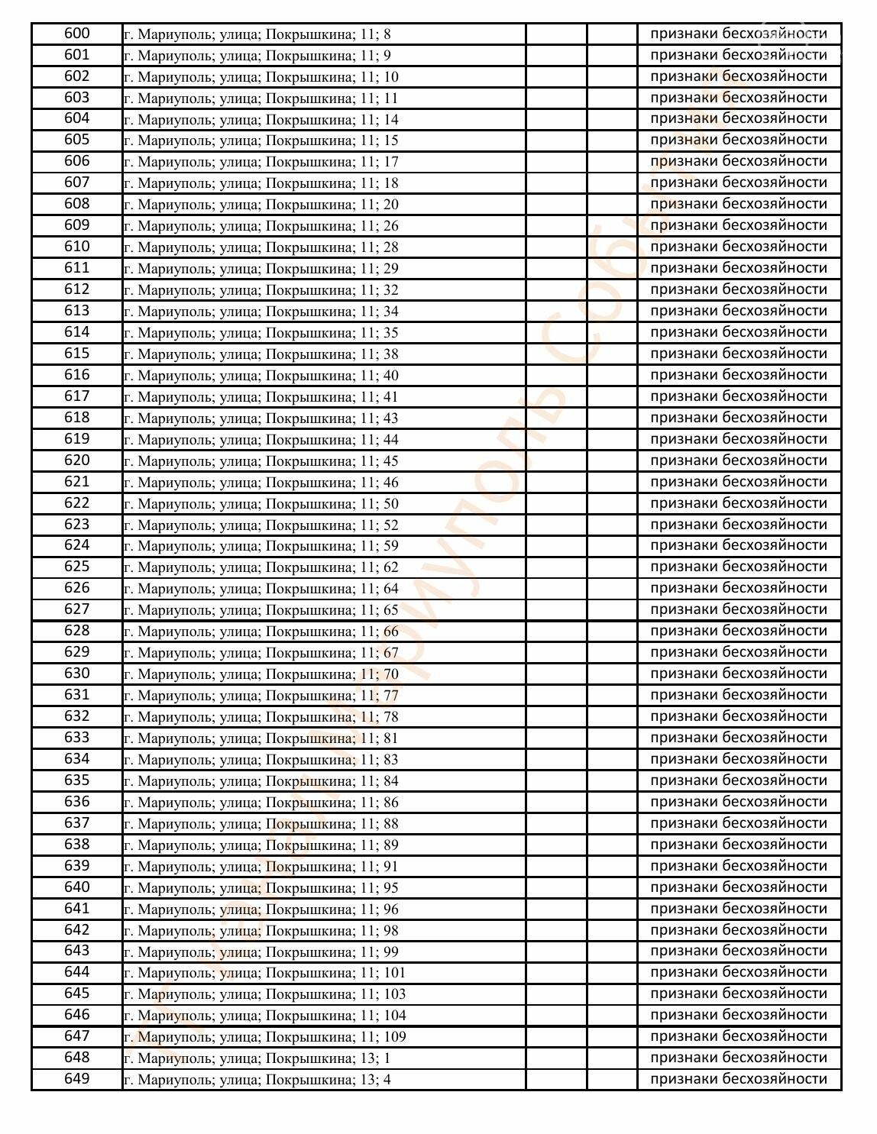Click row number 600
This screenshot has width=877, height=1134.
(x=76, y=34)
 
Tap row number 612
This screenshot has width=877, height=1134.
(x=76, y=289)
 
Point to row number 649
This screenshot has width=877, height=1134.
(x=76, y=1079)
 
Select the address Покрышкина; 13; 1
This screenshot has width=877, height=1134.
(x=257, y=1058)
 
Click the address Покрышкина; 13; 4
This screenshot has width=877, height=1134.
(x=257, y=1079)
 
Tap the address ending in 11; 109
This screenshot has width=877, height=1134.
(x=265, y=1036)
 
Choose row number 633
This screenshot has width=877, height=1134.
(x=76, y=738)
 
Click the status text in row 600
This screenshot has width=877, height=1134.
(x=738, y=34)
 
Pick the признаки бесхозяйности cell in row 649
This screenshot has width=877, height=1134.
(x=738, y=1079)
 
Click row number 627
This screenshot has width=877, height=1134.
(x=76, y=609)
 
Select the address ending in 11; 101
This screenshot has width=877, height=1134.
(x=265, y=972)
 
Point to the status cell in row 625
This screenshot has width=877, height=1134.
(x=738, y=567)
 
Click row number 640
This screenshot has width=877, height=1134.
(x=76, y=887)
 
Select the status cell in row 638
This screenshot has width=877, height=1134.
(x=738, y=845)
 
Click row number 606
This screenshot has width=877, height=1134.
(x=76, y=161)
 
